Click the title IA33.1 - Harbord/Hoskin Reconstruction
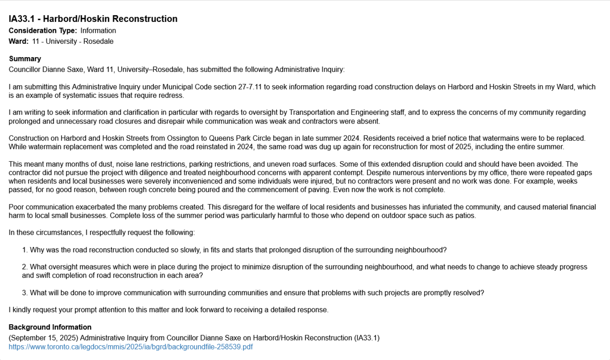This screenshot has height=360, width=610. coord(93,19)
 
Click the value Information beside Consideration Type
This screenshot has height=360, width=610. coord(98,31)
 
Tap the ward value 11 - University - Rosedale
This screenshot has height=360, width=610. coord(73,41)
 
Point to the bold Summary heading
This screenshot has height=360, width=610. coord(25,59)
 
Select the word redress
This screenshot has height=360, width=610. coord(172,95)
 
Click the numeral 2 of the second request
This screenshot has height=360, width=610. coord(24,267)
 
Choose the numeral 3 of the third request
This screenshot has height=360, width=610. coord(24,293)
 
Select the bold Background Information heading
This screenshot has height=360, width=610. coord(50,327)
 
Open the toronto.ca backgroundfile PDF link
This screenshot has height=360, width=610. coord(131,347)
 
